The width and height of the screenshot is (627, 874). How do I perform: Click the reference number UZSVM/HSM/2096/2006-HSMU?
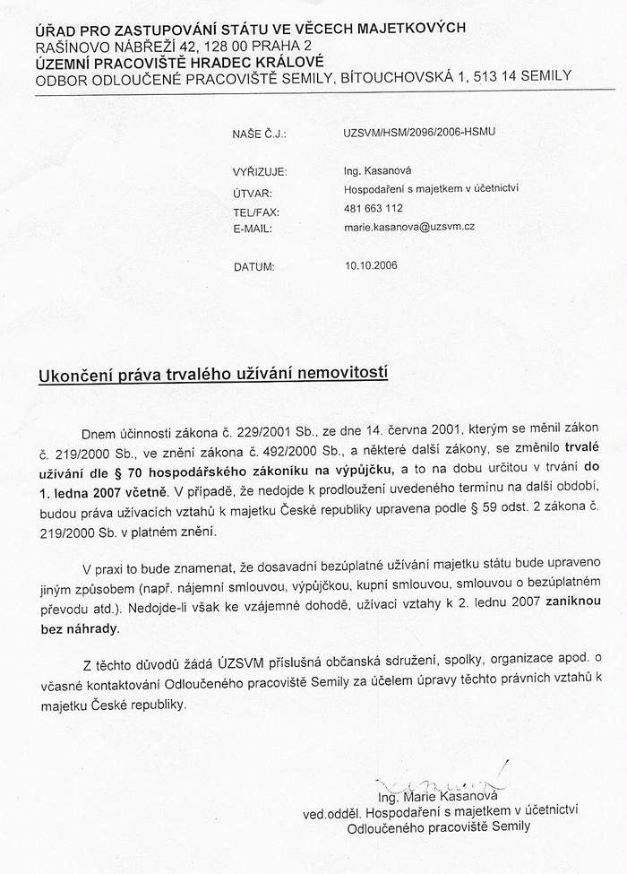click(418, 132)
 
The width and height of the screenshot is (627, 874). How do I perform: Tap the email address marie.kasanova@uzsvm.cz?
click(409, 229)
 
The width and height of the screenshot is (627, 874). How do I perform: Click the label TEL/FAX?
click(256, 212)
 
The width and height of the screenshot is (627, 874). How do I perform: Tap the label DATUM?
click(254, 266)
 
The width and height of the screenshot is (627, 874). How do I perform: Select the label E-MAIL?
click(253, 229)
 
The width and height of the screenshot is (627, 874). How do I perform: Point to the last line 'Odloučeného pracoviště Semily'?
click(439, 827)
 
